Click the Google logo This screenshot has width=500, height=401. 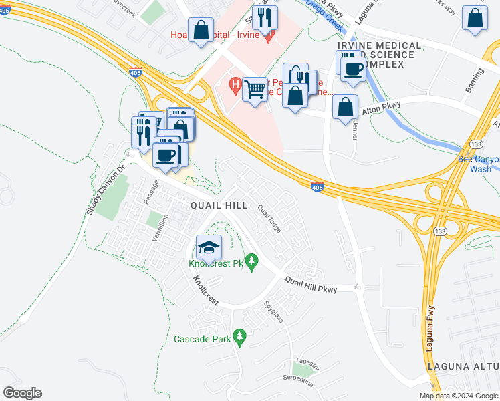(x=22, y=393)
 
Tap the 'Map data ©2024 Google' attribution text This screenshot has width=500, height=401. (x=459, y=396)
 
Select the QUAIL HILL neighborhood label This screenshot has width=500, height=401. (x=219, y=205)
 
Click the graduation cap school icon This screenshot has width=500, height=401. (x=209, y=247)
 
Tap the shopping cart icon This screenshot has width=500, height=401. (x=255, y=89)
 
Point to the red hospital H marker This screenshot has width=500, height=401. (x=235, y=85)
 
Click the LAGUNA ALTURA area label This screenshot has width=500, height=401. (x=463, y=366)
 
